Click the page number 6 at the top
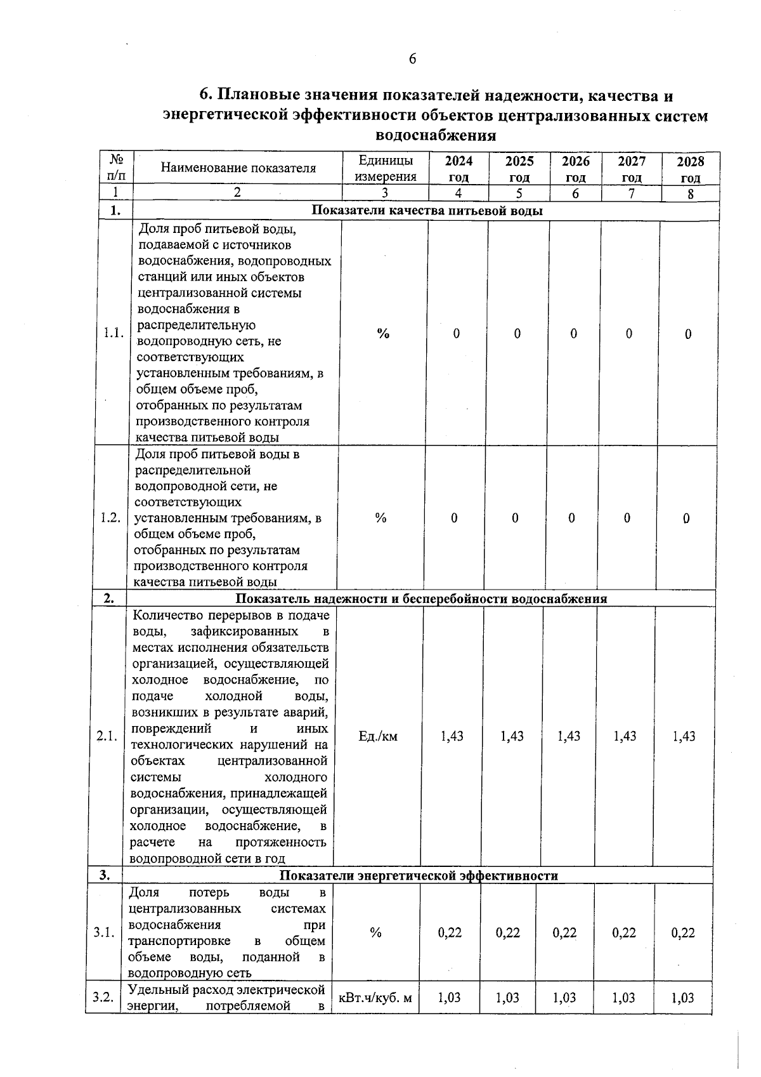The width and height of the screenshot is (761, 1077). click(412, 59)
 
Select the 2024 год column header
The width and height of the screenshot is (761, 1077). click(459, 169)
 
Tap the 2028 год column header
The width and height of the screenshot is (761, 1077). click(690, 169)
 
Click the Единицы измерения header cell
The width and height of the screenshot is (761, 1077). click(386, 169)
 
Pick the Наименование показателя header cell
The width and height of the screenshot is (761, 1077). click(238, 168)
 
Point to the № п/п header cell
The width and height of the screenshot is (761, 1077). click(116, 168)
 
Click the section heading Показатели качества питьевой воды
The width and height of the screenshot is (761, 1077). click(427, 211)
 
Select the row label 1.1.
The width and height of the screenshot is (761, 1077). click(114, 333)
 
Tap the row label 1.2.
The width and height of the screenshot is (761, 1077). click(110, 518)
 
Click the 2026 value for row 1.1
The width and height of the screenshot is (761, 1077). click(573, 334)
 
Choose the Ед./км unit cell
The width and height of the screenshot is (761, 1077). click(378, 736)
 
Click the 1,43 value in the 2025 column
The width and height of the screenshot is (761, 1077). click(512, 736)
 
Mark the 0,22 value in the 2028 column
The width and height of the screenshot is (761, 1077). click(683, 932)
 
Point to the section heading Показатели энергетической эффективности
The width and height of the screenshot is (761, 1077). click(419, 876)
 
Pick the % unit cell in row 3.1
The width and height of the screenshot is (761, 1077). click(376, 932)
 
